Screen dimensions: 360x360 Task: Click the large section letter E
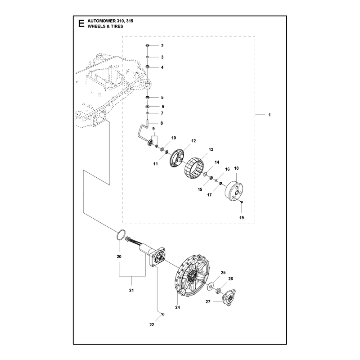tap(81, 24)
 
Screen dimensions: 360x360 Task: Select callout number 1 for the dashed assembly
tap(270, 115)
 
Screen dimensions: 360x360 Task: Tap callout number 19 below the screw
tap(242, 218)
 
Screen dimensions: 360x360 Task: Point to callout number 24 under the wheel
tap(177, 307)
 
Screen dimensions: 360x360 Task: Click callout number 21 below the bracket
tap(131, 290)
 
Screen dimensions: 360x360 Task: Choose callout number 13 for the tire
tap(211, 150)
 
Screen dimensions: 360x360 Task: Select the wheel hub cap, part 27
tap(229, 298)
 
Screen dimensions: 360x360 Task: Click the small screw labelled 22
tap(163, 314)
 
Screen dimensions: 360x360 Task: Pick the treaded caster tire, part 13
tap(194, 167)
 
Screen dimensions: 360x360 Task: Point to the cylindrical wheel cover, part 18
tap(234, 191)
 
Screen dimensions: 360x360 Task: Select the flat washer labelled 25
tap(210, 287)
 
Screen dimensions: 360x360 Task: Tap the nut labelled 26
tap(219, 291)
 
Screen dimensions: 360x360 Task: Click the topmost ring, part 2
tap(148, 46)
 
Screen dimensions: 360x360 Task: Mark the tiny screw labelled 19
tap(242, 202)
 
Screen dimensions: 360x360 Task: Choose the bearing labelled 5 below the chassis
tap(148, 98)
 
